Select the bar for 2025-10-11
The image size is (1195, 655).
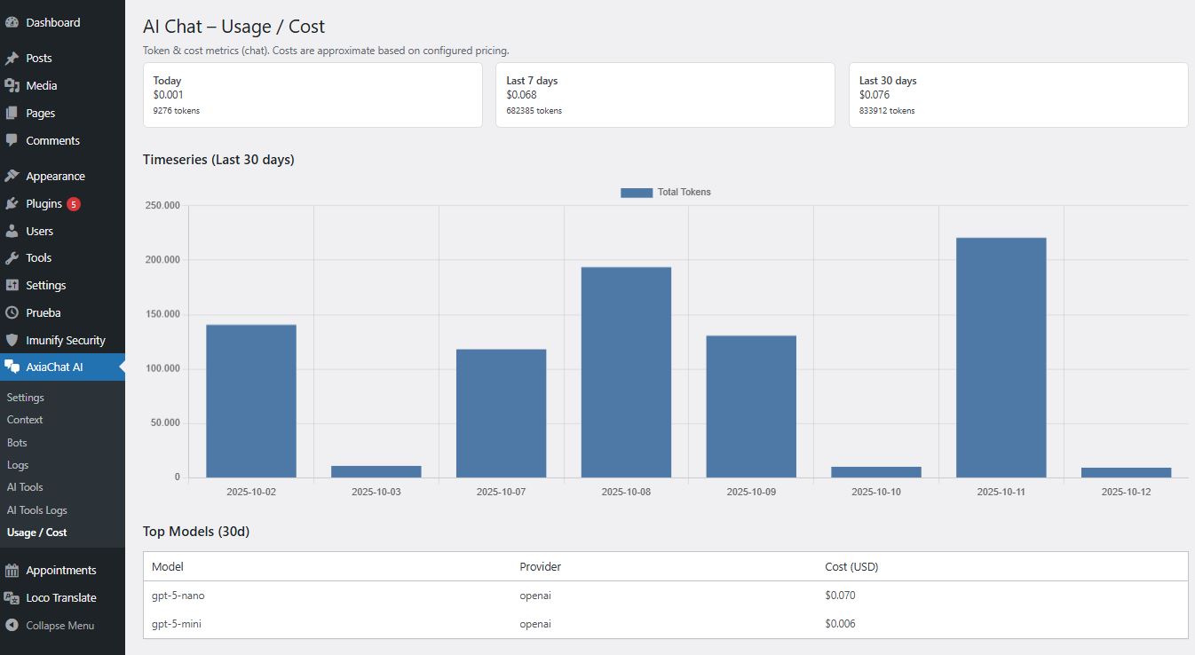pos(1001,358)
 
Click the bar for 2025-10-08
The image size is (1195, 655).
pos(626,372)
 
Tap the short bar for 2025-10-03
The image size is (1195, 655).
pos(376,471)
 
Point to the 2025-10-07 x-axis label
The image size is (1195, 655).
pos(501,491)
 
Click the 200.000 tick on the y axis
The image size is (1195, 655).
pos(162,260)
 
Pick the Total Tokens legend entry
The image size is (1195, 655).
pos(666,192)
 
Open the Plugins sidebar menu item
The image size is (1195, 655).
pos(44,203)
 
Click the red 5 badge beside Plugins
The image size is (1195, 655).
pos(73,204)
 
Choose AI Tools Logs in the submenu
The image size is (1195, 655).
pos(36,509)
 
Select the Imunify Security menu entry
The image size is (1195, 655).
pos(65,340)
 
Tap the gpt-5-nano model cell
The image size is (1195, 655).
pos(178,596)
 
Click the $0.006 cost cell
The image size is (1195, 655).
pos(839,624)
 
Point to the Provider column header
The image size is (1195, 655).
pos(540,566)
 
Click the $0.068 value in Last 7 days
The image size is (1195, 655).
pos(521,95)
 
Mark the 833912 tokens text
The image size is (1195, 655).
pos(886,111)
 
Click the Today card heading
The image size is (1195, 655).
pos(167,80)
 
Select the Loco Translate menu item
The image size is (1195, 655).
pos(60,597)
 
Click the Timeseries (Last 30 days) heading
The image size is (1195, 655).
pos(218,160)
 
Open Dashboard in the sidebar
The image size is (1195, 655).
pos(52,22)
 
